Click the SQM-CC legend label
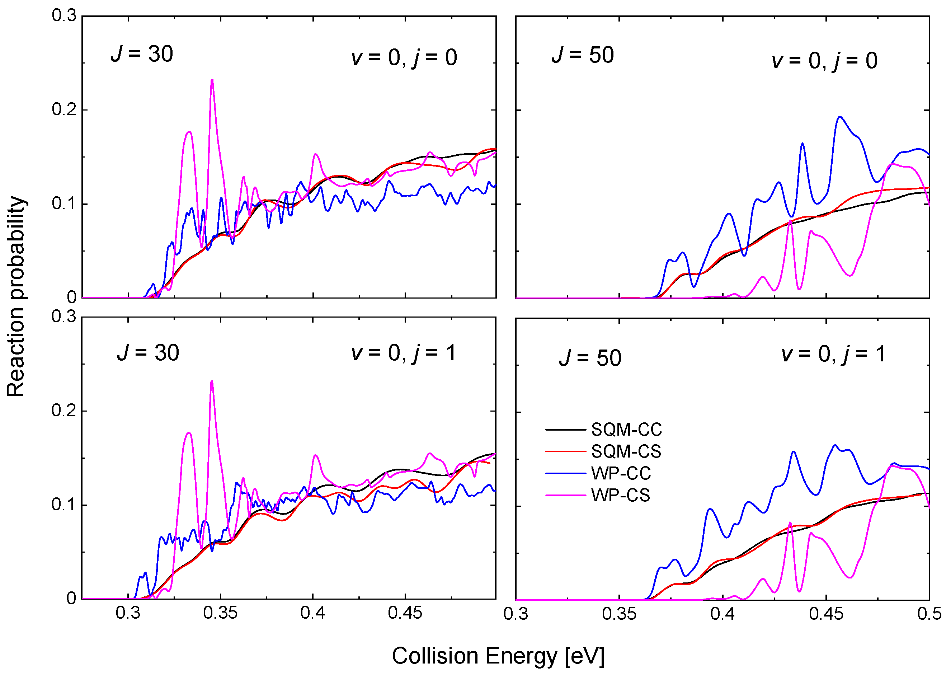[x=626, y=429]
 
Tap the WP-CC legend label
[x=621, y=473]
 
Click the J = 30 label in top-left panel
[x=142, y=54]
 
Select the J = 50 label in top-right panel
[x=583, y=55]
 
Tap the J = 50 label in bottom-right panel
[x=590, y=358]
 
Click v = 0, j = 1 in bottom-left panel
[x=404, y=353]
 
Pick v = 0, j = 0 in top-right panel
[x=824, y=61]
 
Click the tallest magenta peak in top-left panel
[x=212, y=80]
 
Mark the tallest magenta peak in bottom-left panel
[x=212, y=381]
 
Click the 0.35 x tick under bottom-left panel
[x=220, y=613]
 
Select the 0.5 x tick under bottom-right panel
[x=929, y=614]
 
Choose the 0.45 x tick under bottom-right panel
[x=825, y=614]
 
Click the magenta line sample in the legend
[x=565, y=495]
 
